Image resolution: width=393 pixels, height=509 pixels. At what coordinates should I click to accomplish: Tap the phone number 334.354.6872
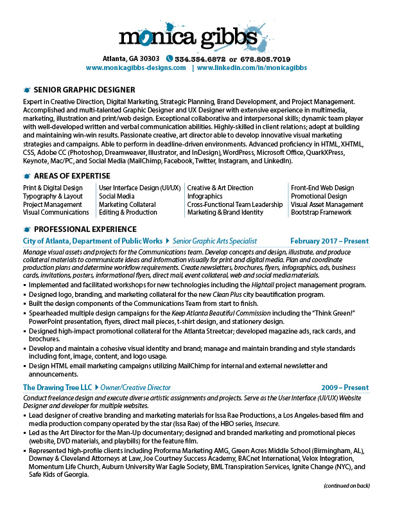pyautogui.click(x=202, y=58)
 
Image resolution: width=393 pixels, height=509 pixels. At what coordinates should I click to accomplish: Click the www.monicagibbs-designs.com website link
pyautogui.click(x=135, y=67)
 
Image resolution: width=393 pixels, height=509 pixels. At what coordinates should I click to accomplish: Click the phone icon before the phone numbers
pyautogui.click(x=170, y=58)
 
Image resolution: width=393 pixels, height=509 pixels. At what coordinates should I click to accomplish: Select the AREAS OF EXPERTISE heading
pyautogui.click(x=77, y=176)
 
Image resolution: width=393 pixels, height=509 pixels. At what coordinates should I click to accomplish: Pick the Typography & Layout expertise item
pyautogui.click(x=53, y=196)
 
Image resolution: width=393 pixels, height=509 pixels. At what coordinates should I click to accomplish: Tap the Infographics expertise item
pyautogui.click(x=205, y=196)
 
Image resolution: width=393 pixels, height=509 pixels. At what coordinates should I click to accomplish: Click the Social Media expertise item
pyautogui.click(x=116, y=196)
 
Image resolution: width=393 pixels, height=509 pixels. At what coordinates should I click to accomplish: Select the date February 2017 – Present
pyautogui.click(x=329, y=240)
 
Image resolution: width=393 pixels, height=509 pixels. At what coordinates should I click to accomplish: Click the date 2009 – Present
pyautogui.click(x=345, y=388)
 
